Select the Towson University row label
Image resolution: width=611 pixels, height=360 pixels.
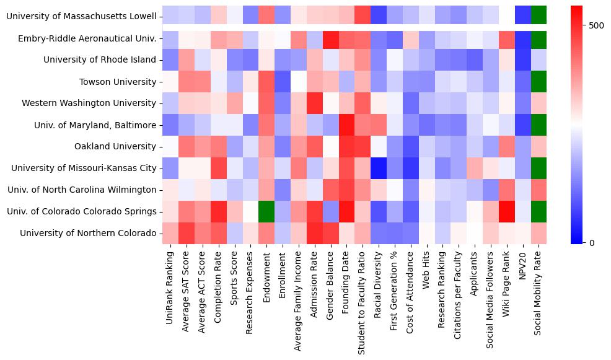point(118,82)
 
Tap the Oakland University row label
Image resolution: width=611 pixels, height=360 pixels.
point(116,146)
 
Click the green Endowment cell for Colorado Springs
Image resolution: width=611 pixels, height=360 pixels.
point(266,211)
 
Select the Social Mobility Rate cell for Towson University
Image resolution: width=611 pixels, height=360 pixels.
point(538,82)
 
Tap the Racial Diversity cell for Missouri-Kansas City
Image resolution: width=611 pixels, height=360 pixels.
point(379,168)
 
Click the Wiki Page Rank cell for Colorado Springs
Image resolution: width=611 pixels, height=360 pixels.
point(506,211)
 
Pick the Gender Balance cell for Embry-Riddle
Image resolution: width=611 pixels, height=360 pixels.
point(330,38)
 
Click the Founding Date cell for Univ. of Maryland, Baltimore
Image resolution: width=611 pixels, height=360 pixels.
point(346,125)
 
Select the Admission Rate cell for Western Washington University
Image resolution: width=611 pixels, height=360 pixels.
point(315,103)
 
